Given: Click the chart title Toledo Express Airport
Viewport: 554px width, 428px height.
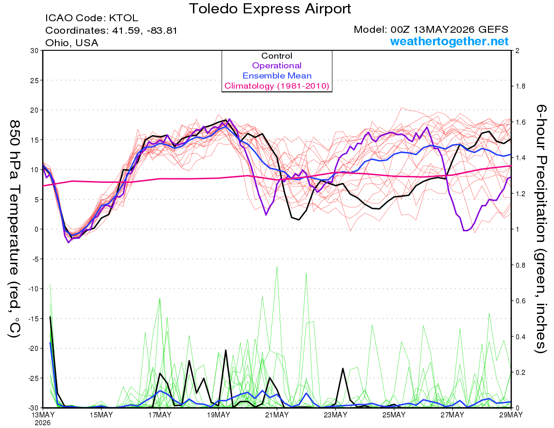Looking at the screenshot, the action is coord(270,9).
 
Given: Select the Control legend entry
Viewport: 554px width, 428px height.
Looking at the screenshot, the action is coord(277,56).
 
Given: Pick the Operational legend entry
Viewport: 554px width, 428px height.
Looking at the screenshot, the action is coord(277,66).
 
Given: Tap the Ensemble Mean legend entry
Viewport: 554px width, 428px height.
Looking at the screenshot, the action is coord(277,76).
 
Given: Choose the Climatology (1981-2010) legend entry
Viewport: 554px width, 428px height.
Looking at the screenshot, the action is coord(277,86).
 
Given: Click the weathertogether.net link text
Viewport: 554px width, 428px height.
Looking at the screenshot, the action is coord(449,41).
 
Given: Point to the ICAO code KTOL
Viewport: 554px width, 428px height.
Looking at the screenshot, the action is coord(124,18).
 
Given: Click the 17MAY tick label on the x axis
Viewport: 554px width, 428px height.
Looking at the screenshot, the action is coord(160,415).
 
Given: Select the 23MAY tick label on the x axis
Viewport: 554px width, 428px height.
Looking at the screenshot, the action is coord(335,415).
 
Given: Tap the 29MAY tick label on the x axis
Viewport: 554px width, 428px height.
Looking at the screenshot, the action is coord(511,415).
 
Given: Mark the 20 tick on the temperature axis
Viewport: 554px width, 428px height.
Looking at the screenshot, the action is coord(34,110).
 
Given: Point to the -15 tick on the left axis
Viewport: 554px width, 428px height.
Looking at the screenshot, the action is coord(33,319).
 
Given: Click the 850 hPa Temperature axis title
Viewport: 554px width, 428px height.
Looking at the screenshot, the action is coord(14,229).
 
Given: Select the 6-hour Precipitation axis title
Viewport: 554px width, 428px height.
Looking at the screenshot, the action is coord(540,229).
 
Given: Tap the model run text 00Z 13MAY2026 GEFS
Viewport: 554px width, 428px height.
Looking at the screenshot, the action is coord(449,30).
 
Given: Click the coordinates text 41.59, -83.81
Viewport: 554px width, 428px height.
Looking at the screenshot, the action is coord(145,30).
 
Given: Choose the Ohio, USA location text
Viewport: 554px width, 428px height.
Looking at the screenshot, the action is coord(72,43).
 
